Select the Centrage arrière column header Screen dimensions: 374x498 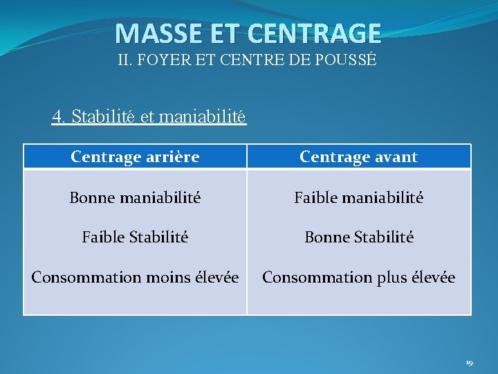[x=135, y=157]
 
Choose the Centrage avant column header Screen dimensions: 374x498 [x=358, y=157]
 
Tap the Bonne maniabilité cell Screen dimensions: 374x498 [x=135, y=198]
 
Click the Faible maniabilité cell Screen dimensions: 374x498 [x=358, y=198]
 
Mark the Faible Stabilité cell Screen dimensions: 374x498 [x=135, y=238]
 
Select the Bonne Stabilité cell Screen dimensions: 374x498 [x=358, y=238]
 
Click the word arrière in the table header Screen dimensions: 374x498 [x=173, y=157]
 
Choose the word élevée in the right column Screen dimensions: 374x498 [x=433, y=278]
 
